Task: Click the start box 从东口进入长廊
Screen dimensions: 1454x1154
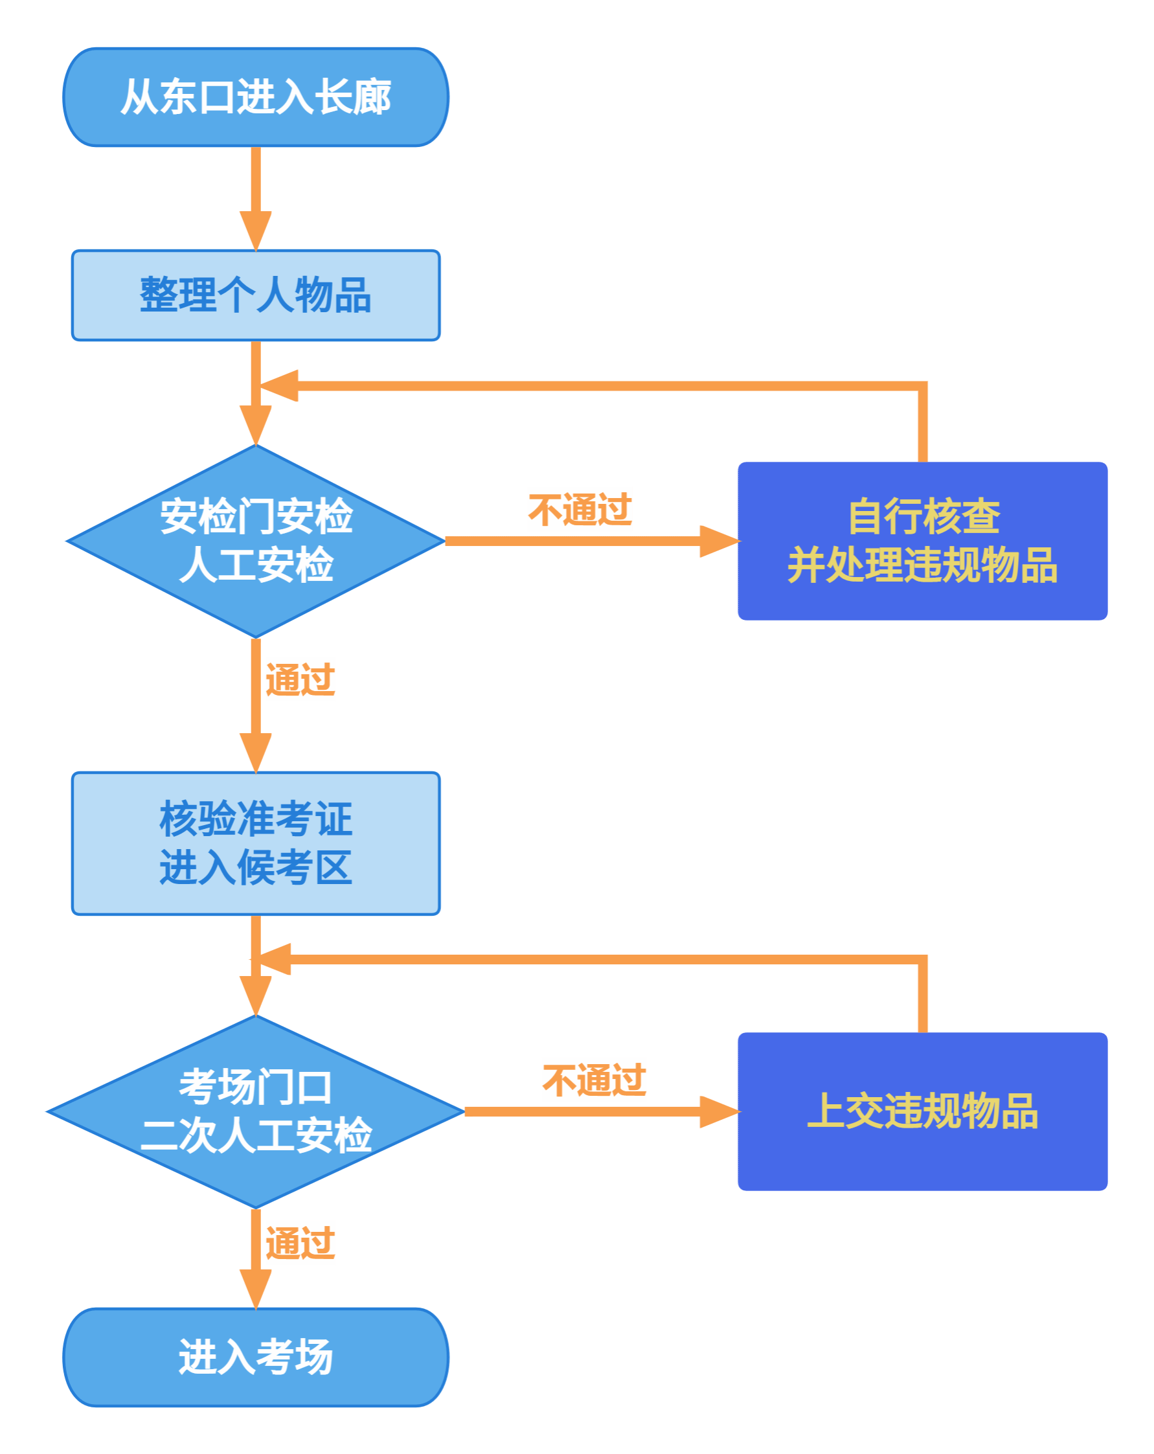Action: (x=256, y=97)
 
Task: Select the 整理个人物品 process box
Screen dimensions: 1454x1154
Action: (x=256, y=295)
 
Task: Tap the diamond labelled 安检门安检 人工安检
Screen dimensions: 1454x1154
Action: (x=256, y=541)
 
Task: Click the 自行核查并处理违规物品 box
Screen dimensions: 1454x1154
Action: (x=923, y=541)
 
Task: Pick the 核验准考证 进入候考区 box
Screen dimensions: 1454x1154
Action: (x=256, y=843)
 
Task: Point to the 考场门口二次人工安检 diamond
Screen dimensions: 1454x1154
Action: (x=256, y=1111)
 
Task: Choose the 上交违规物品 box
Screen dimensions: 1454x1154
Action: (x=923, y=1111)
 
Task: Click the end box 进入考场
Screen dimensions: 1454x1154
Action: (x=256, y=1357)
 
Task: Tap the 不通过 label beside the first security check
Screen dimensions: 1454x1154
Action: (x=580, y=509)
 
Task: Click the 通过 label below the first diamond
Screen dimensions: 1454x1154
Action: (x=300, y=679)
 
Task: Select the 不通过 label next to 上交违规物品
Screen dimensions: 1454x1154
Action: (x=594, y=1080)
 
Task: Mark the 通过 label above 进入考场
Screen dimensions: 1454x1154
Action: (x=300, y=1242)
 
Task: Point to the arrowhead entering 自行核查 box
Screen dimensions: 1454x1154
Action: (x=719, y=541)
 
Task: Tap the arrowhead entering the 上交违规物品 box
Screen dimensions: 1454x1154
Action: (x=719, y=1111)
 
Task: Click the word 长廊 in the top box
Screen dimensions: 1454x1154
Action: (x=353, y=97)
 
